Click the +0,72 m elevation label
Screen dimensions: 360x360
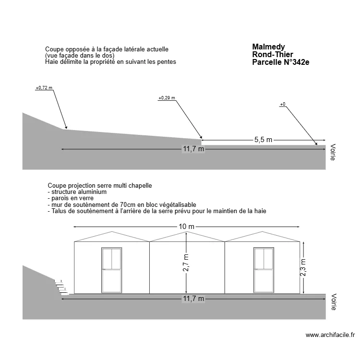(x=44, y=88)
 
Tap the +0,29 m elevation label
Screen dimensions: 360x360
(x=167, y=98)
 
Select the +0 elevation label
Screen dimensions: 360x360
(x=282, y=104)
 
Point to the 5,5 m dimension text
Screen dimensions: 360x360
(x=263, y=140)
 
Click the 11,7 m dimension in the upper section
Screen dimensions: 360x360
(x=193, y=149)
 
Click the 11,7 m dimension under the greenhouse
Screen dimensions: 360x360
(x=193, y=299)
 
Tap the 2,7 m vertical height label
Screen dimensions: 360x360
(x=186, y=263)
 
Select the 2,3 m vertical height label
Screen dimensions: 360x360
(x=302, y=267)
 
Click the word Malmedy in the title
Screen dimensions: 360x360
(x=268, y=47)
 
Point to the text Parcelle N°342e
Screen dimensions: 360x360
(x=280, y=62)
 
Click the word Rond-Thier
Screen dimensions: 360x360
(x=272, y=55)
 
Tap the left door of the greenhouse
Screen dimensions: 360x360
(x=111, y=270)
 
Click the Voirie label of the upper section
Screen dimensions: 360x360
(x=333, y=152)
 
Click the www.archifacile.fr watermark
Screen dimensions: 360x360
(x=330, y=335)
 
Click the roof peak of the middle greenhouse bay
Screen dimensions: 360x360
(x=187, y=232)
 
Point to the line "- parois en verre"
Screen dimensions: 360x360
(x=71, y=198)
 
